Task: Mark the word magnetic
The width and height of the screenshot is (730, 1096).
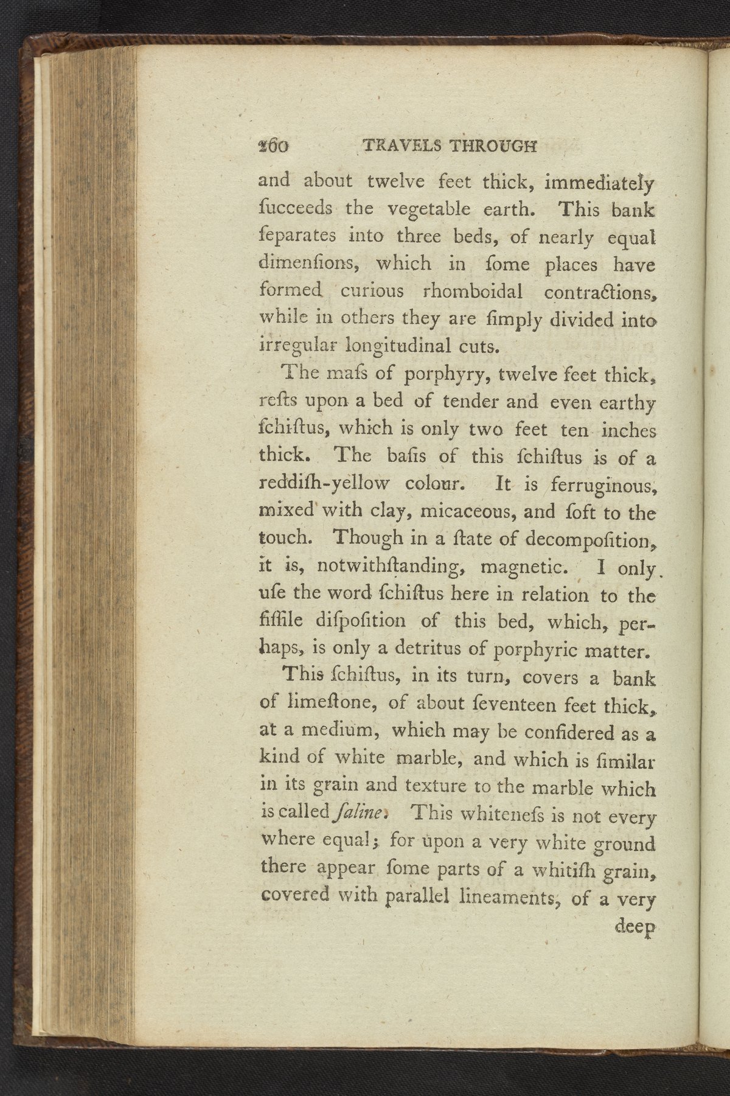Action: point(523,568)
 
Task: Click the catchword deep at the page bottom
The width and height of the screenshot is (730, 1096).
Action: point(634,927)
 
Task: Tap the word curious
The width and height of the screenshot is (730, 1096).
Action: point(372,291)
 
